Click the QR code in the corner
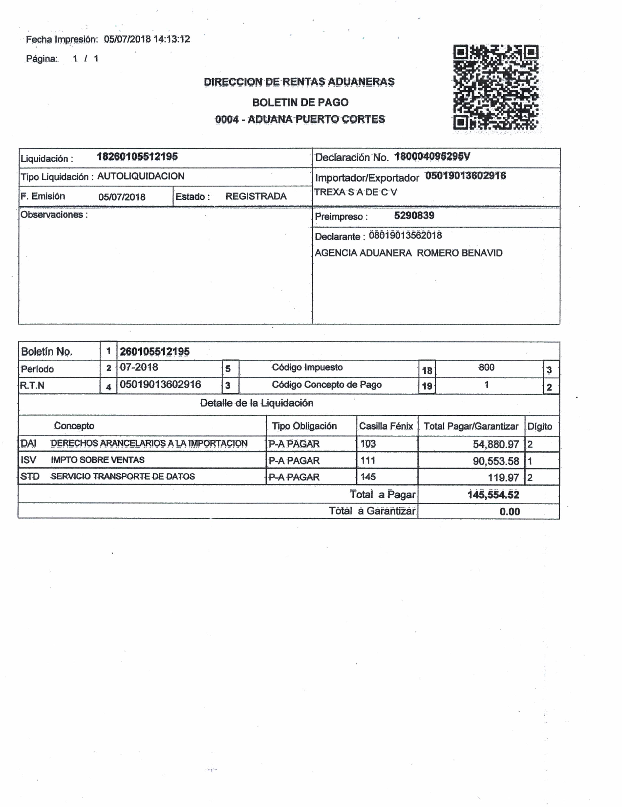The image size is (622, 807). [x=496, y=87]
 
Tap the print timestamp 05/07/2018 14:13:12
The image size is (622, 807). [x=147, y=39]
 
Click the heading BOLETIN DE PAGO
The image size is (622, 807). [x=300, y=102]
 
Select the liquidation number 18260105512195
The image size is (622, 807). [x=137, y=157]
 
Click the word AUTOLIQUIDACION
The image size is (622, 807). [x=141, y=176]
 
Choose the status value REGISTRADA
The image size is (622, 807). [x=256, y=196]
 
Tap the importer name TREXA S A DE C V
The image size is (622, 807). [x=355, y=192]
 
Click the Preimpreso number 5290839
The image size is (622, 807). [x=414, y=216]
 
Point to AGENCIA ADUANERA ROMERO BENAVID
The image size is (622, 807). [x=408, y=253]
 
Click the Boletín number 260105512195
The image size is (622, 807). [x=154, y=351]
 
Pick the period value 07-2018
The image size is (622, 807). [x=139, y=367]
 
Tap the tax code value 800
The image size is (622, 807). [x=486, y=367]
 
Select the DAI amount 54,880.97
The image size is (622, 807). [x=496, y=444]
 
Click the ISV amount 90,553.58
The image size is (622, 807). [x=496, y=461]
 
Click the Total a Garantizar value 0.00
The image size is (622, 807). [x=509, y=512]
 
